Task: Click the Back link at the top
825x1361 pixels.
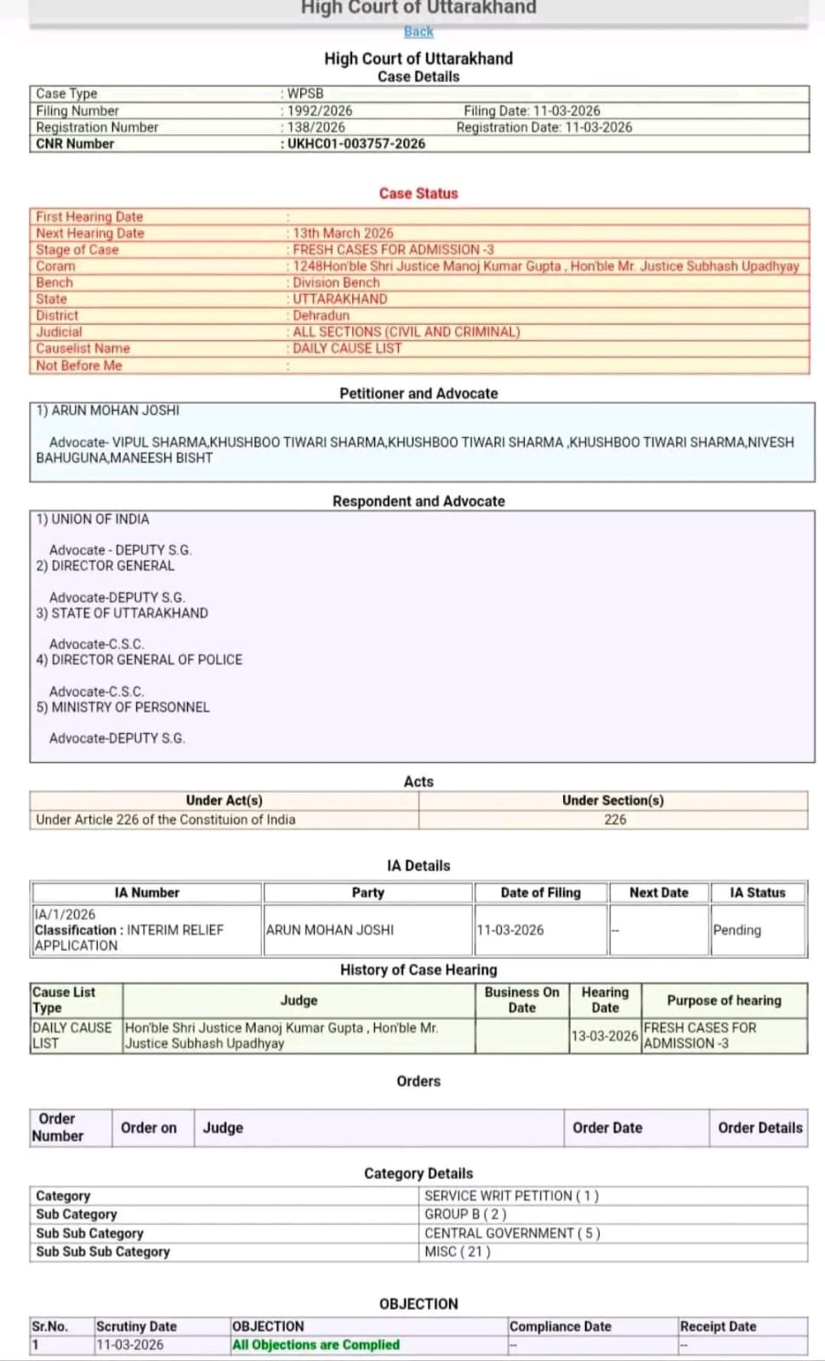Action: coord(418,31)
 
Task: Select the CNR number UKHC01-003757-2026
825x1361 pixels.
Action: coord(356,144)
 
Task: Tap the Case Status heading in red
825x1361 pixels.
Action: coord(418,193)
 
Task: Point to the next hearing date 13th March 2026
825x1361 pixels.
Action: coord(343,233)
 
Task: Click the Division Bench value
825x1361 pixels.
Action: coord(336,282)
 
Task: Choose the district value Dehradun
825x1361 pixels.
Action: coord(321,316)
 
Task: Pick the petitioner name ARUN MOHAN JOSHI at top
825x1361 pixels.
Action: coord(116,410)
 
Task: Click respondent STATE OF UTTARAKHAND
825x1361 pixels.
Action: coord(129,613)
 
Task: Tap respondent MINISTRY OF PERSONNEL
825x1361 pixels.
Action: coord(130,707)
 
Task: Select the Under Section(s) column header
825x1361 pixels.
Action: coord(612,800)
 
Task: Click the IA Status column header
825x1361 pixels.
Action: coord(758,892)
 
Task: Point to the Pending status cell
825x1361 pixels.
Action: coord(737,930)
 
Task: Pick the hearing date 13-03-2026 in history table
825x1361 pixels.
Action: coord(605,1035)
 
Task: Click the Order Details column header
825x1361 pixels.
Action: coord(760,1128)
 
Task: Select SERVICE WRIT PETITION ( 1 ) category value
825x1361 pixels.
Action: coord(512,1196)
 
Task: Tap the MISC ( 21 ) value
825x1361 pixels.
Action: coord(458,1251)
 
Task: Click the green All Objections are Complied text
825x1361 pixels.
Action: coord(316,1345)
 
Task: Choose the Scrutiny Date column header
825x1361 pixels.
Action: coord(136,1326)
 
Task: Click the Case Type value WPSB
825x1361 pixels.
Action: coord(305,94)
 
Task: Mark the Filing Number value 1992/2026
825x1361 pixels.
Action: coord(320,111)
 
